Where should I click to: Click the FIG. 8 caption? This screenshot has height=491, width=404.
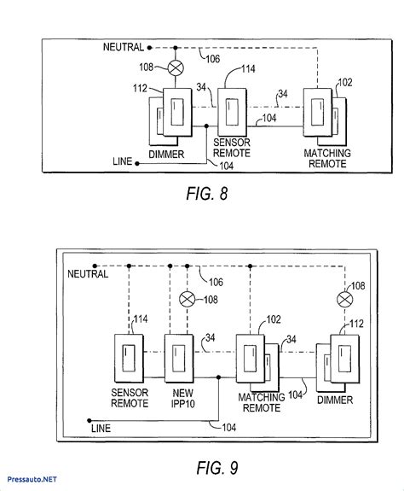(206, 194)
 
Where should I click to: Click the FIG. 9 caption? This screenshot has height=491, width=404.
(217, 468)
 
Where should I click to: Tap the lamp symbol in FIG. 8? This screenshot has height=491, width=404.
(176, 67)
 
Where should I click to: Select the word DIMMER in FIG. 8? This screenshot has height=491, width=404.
(166, 155)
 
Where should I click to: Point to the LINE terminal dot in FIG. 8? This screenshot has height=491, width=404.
(137, 163)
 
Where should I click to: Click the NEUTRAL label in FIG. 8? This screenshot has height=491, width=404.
(124, 47)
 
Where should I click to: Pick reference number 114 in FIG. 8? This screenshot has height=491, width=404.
(248, 69)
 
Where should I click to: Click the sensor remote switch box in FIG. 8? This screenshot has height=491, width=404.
(232, 112)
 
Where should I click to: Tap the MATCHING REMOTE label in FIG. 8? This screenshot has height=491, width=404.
(327, 159)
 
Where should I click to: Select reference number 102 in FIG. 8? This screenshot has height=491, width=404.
(345, 82)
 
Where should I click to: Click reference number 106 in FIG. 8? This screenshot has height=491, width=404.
(213, 59)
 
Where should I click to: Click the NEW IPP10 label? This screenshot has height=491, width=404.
(183, 398)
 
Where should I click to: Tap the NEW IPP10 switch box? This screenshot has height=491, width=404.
(179, 359)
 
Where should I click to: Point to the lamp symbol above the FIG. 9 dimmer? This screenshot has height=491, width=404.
(345, 300)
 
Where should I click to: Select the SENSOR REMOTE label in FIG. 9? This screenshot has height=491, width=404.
(130, 398)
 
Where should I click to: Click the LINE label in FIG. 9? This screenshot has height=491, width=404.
(101, 429)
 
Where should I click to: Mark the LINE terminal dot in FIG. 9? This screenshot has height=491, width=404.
(89, 420)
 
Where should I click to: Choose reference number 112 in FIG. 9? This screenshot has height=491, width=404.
(356, 324)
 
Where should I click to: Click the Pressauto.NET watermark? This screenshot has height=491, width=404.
(32, 479)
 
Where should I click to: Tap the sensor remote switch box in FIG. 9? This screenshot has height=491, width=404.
(129, 359)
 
